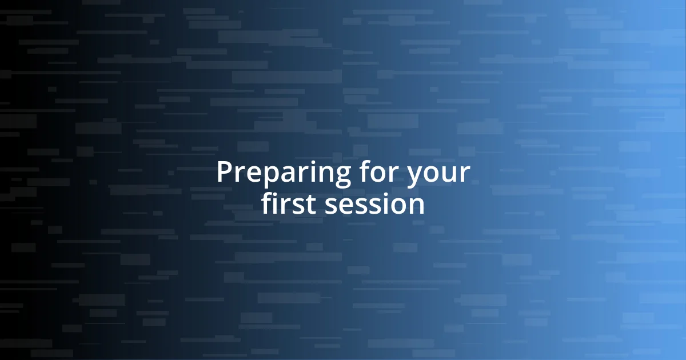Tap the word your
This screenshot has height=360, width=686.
438,174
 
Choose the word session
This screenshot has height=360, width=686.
374,205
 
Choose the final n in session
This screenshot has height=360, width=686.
416,207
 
